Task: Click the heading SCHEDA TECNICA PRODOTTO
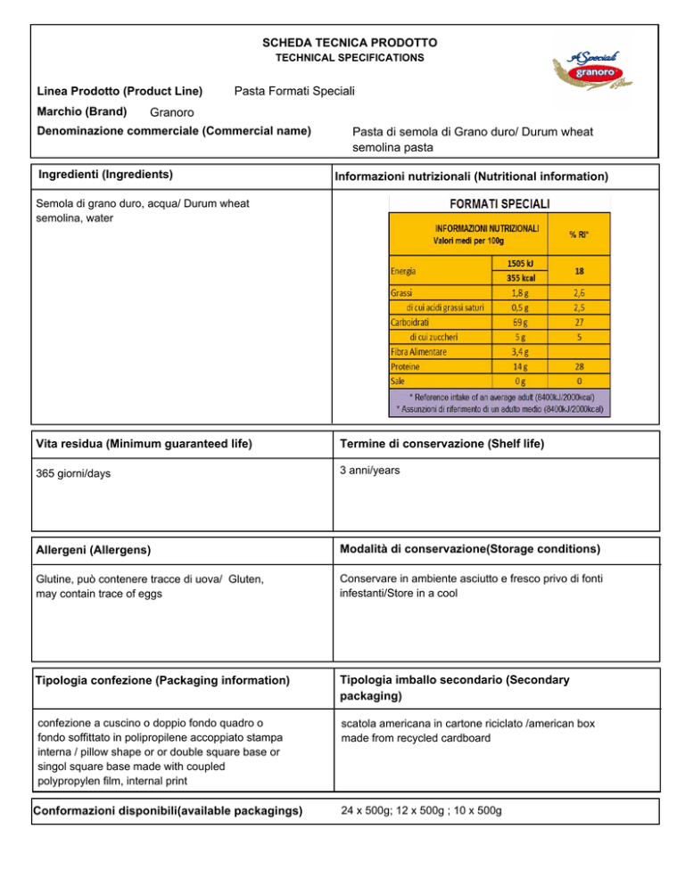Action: tap(350, 43)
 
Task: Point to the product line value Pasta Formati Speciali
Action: tap(294, 91)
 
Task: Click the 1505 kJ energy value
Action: tap(519, 264)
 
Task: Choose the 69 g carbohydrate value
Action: tap(519, 322)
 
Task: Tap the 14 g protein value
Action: tap(519, 365)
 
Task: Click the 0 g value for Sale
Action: tap(519, 381)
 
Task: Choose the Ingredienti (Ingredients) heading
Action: tap(105, 173)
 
